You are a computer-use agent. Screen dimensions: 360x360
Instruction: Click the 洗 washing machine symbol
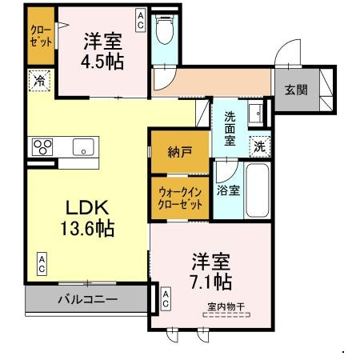coord(259,146)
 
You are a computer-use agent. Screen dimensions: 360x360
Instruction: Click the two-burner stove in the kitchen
coord(42,146)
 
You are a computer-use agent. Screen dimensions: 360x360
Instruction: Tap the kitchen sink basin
coord(83,146)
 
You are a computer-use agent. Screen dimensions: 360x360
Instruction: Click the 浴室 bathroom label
coord(227,190)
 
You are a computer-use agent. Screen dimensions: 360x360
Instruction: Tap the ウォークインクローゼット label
coord(179,197)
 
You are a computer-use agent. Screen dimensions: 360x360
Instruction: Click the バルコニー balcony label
coord(87,300)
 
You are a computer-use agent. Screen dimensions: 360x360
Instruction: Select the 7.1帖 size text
coord(211,281)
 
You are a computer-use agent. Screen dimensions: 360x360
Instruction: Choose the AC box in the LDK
coord(39,262)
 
